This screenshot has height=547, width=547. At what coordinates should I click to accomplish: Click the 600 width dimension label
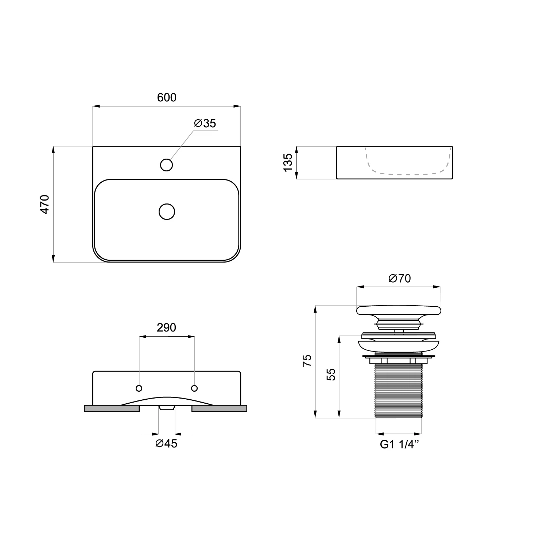(167, 97)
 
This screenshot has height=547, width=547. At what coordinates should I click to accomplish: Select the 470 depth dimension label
(44, 204)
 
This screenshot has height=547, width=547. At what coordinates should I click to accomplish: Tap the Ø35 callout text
(205, 123)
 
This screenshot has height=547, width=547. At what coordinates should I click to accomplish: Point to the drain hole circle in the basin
(167, 212)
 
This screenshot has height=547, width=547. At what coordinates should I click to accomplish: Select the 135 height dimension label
(288, 163)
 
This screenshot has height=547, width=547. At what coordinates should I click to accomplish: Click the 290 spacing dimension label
(166, 327)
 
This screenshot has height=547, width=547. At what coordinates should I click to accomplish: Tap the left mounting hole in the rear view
(139, 388)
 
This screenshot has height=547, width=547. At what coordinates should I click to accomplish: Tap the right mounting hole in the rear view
(194, 388)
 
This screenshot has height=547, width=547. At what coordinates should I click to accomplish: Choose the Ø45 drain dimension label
(166, 443)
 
